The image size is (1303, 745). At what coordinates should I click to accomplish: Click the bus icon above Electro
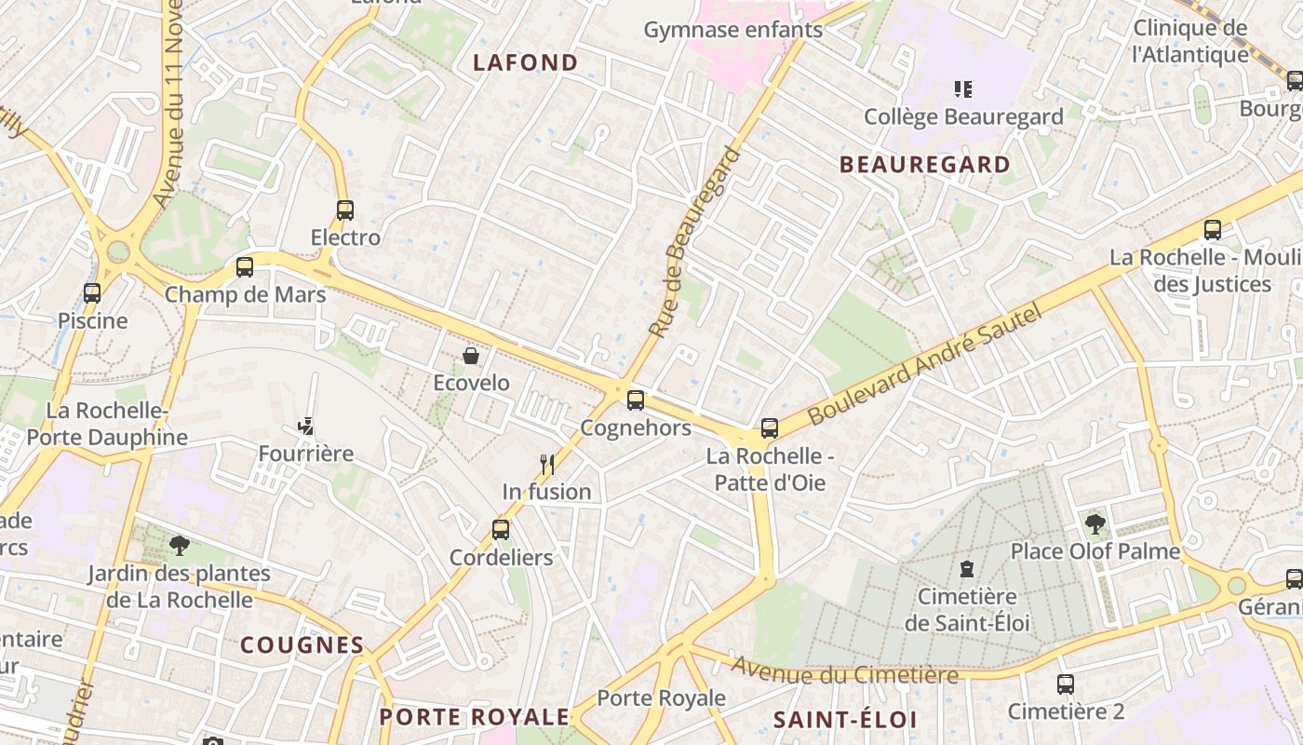coord(345,210)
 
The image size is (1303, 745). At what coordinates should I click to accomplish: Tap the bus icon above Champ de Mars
coord(245,267)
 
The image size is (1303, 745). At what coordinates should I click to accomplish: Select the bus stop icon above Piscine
coord(92,293)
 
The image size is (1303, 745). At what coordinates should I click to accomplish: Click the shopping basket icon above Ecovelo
coord(471,356)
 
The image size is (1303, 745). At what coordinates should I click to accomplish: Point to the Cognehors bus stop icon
coord(636,400)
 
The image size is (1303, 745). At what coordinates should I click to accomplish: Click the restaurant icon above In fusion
coord(547,464)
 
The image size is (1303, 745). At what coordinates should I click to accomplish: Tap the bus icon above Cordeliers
coord(501,530)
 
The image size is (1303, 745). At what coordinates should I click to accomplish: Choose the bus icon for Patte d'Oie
coord(770,428)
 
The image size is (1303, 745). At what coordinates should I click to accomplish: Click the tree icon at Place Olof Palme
coord(1095,524)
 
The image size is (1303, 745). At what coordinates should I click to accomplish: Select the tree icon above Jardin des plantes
coord(179,546)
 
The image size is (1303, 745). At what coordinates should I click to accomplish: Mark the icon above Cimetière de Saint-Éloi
coord(967,568)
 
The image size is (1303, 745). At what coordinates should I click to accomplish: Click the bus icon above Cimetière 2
coord(1066,684)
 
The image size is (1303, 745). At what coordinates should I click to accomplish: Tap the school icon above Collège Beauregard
coord(963,89)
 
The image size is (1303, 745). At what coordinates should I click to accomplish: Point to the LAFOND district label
coord(526,62)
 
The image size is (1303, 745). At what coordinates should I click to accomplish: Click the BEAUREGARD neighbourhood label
coord(925,165)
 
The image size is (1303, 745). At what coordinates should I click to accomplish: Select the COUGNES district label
coord(302,644)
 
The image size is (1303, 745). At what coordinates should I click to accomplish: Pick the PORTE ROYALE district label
coord(474,716)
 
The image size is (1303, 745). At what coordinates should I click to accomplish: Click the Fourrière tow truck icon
coord(305,427)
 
